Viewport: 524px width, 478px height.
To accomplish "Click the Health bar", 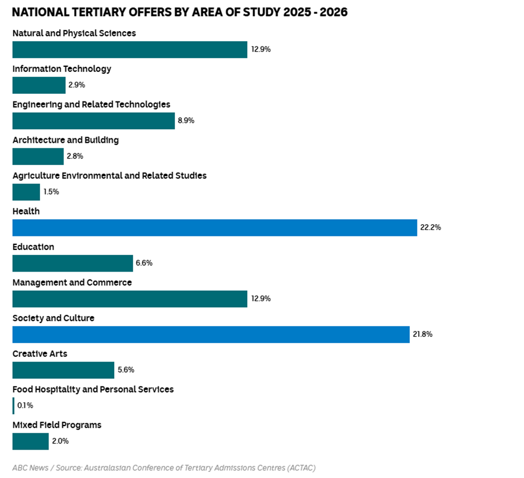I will (x=215, y=228).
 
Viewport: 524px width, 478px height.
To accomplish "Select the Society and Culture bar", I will (x=211, y=335).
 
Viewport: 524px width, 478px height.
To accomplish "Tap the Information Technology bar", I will (x=39, y=85).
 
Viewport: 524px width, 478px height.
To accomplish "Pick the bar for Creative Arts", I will (x=63, y=370).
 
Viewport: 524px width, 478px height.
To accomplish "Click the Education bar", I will (x=72, y=263).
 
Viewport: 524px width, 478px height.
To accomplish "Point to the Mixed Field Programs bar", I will (x=31, y=441).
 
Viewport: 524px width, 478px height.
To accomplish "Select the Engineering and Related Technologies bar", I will (x=94, y=120).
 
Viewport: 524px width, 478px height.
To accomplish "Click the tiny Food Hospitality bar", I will (x=13, y=405).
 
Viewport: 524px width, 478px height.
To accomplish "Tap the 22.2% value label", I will (x=430, y=228).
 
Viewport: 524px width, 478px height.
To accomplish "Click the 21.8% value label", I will (x=423, y=335).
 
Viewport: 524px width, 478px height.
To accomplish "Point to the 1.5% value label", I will (x=51, y=192).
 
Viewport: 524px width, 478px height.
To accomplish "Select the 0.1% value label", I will (x=25, y=405).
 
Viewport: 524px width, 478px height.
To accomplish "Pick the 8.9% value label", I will (x=186, y=120).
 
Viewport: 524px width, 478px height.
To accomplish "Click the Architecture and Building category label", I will (x=66, y=140).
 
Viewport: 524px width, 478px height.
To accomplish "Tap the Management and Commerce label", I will (x=72, y=283).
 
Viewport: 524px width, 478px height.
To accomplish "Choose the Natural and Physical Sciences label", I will (x=74, y=33).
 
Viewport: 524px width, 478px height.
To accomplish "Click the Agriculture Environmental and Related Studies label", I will (x=110, y=176).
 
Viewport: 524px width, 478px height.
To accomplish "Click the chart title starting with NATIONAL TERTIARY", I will (x=180, y=12).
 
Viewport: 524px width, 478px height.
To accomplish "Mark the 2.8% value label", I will (x=75, y=156).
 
